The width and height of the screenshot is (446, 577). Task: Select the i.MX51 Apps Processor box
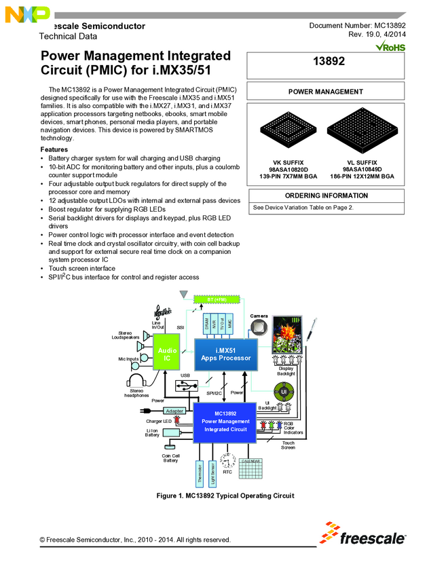[x=226, y=354]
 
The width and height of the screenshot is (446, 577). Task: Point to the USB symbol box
[x=185, y=385]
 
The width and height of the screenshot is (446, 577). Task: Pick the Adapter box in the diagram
[x=174, y=411]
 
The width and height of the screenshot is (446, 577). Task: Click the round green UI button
[x=284, y=392]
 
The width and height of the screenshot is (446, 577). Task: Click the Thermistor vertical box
[x=200, y=473]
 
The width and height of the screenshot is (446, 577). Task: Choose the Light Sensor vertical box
[x=212, y=473]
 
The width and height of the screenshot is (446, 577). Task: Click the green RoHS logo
[x=390, y=47]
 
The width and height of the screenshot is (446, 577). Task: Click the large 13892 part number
[x=329, y=62]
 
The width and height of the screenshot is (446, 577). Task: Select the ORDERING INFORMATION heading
[x=327, y=196]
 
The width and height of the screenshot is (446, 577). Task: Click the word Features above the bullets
[x=54, y=149]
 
